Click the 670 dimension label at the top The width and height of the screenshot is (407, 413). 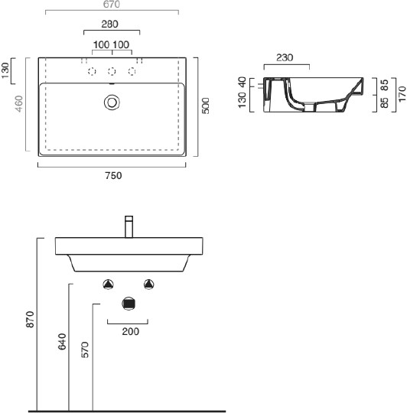tap(112, 5)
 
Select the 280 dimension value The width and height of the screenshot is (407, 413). tap(109, 24)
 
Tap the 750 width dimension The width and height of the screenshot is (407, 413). tap(113, 175)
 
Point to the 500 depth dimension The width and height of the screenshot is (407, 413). tap(206, 106)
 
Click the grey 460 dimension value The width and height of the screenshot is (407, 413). tap(19, 103)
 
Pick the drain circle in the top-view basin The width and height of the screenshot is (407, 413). tap(112, 102)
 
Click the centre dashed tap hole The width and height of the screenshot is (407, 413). tap(112, 71)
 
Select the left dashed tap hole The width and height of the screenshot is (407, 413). tap(92, 71)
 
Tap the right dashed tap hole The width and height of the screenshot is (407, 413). tap(132, 71)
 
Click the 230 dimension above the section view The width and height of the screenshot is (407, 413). tap(285, 57)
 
